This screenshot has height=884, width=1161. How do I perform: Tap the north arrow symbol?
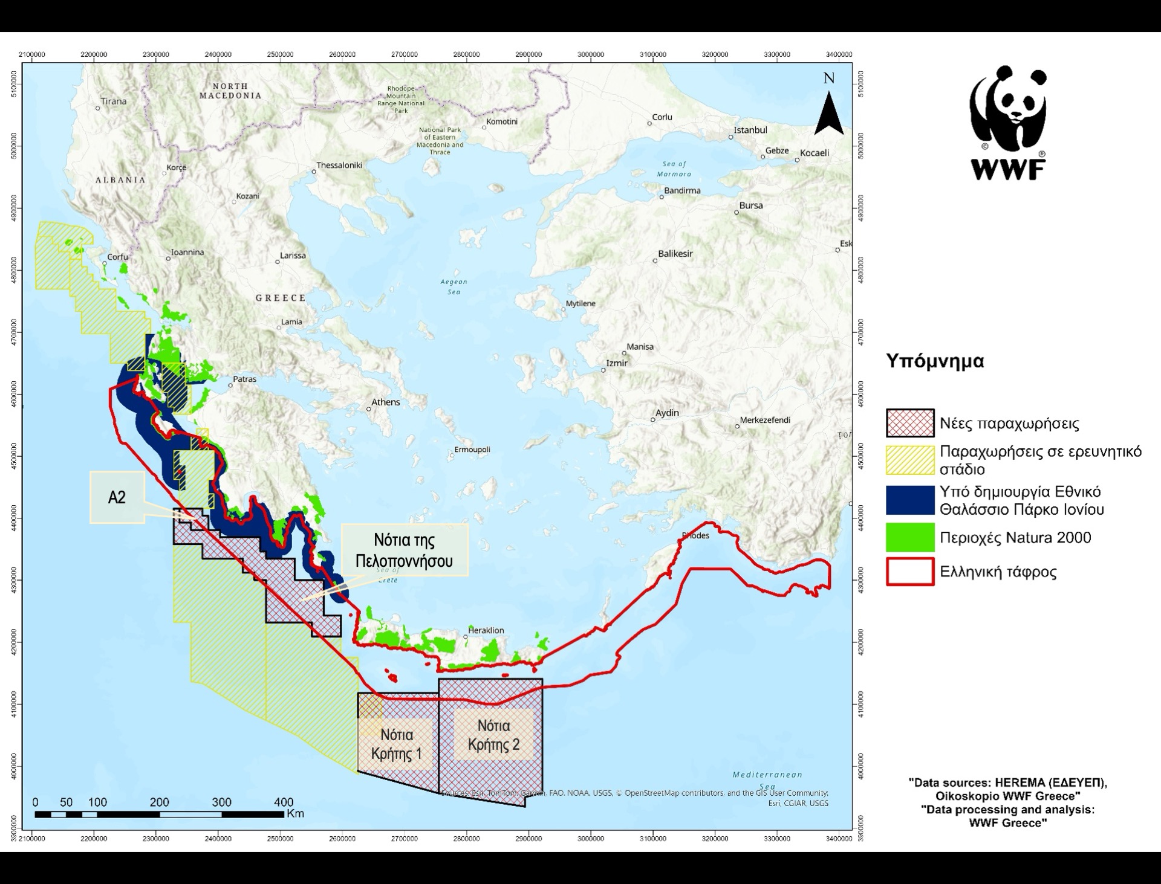828,113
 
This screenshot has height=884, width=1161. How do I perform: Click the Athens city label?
385,402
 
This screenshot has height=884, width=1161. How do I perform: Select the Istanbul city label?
750,131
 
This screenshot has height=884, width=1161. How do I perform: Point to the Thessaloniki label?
339,166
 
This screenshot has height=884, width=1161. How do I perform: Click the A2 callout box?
117,497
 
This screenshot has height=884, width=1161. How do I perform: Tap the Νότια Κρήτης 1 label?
396,744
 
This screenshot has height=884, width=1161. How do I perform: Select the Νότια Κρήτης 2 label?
493,735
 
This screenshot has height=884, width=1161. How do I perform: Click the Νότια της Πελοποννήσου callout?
404,550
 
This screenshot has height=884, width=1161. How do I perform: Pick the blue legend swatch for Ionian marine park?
910,500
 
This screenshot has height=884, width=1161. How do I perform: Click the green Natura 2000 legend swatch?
910,538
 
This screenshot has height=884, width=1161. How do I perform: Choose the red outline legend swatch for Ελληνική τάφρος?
910,572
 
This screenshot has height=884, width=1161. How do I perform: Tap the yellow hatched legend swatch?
910,460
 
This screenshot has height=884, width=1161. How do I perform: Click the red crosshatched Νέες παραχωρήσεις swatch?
910,423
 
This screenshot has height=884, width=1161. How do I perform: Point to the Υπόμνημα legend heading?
935,361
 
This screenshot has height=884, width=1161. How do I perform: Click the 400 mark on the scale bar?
284,802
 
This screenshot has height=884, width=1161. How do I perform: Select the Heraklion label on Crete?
486,630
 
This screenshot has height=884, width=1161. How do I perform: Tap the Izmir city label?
617,363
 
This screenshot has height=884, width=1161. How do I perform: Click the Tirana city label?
113,102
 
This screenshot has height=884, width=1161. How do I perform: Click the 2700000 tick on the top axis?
405,54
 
